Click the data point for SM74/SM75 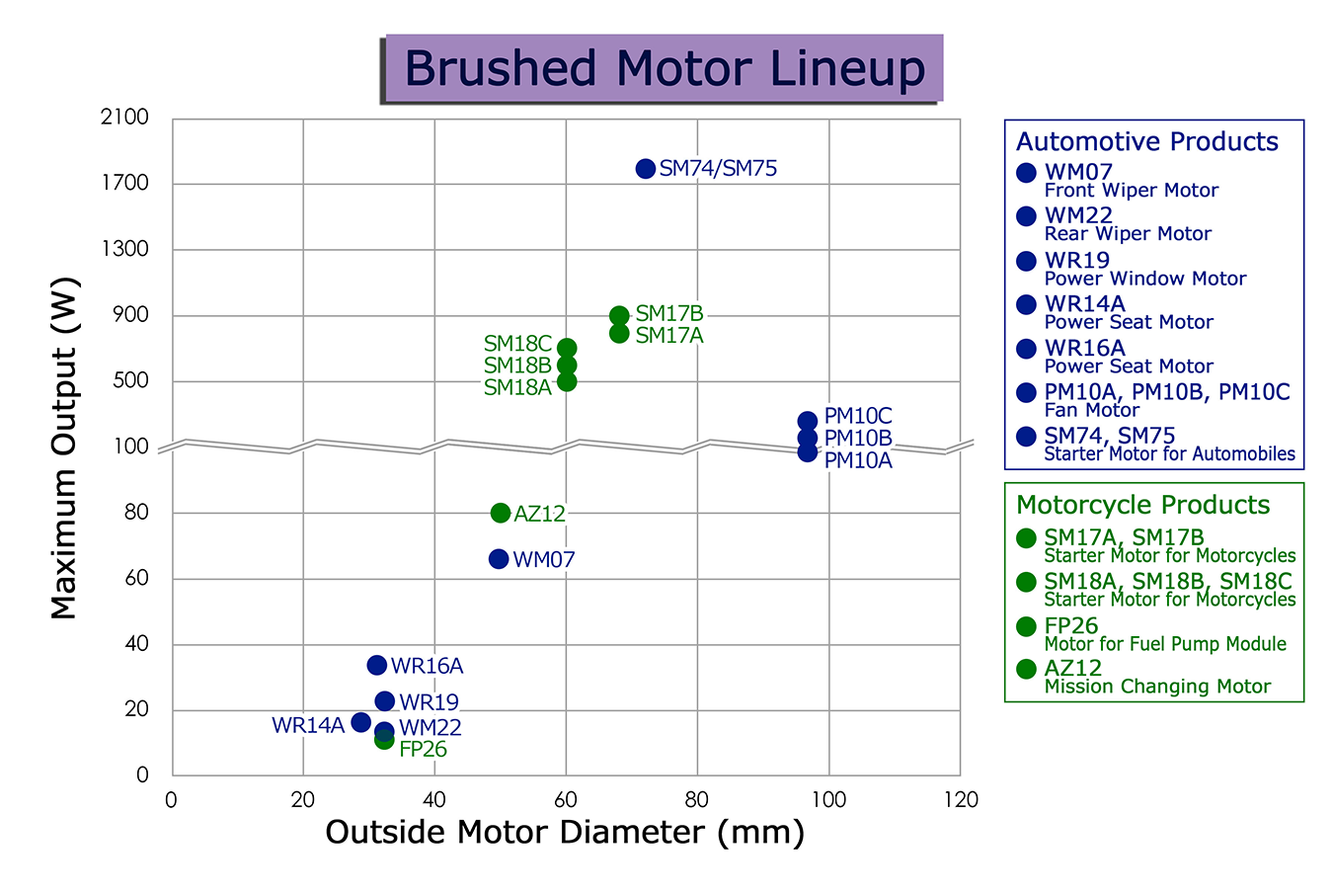coord(646,169)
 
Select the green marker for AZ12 coord(501,512)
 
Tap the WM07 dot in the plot coord(499,558)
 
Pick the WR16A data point coord(376,665)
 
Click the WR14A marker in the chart coord(361,722)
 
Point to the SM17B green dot coord(619,315)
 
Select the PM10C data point coord(808,421)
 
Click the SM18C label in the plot coord(517,344)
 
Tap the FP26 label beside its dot coord(423,749)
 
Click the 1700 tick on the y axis coord(125,183)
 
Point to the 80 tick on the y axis coord(136,512)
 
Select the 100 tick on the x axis coord(829,800)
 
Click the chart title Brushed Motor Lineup coord(665,68)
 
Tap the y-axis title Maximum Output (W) coord(63,447)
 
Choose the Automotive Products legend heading coord(1146,141)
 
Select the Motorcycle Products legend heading coord(1143,505)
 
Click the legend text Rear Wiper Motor coord(1128,233)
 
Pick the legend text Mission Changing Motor coord(1157,686)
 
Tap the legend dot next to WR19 coord(1027,261)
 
